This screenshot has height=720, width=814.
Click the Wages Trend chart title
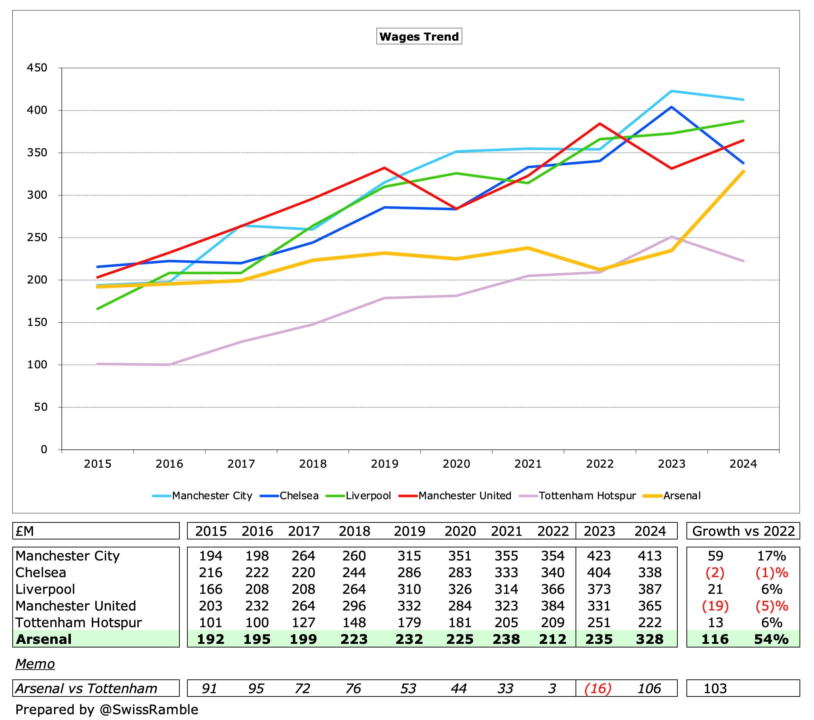click(x=419, y=37)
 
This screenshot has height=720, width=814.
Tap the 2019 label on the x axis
click(x=384, y=464)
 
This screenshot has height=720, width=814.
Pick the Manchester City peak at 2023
click(x=672, y=91)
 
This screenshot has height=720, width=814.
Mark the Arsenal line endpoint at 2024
click(x=743, y=171)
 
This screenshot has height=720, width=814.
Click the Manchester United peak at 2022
click(x=600, y=124)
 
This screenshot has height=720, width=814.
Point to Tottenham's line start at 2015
click(x=97, y=364)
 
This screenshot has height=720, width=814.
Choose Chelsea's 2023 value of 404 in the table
click(x=599, y=572)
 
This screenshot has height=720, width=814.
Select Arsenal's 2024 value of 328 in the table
click(x=649, y=639)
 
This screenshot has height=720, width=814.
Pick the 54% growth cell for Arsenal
click(x=771, y=639)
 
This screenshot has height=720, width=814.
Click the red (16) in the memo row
click(x=598, y=688)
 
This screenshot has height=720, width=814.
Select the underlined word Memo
click(x=35, y=664)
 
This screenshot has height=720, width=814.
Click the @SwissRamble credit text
click(x=149, y=709)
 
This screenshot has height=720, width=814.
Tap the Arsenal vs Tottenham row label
click(x=86, y=688)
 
